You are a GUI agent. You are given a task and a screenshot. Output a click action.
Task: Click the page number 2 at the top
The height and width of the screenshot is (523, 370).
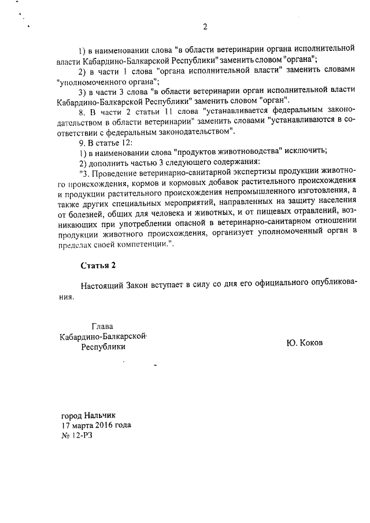(x=205, y=27)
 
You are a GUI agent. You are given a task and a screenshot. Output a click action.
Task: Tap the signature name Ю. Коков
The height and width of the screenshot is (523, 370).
(x=305, y=342)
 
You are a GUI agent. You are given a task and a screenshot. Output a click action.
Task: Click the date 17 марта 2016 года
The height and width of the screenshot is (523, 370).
(x=96, y=425)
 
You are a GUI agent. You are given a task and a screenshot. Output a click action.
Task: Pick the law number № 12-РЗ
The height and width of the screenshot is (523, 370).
(x=77, y=435)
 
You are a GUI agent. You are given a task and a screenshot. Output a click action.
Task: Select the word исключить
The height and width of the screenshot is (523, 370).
(x=306, y=151)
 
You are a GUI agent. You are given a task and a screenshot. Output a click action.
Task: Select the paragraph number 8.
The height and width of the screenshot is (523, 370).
(x=83, y=112)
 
